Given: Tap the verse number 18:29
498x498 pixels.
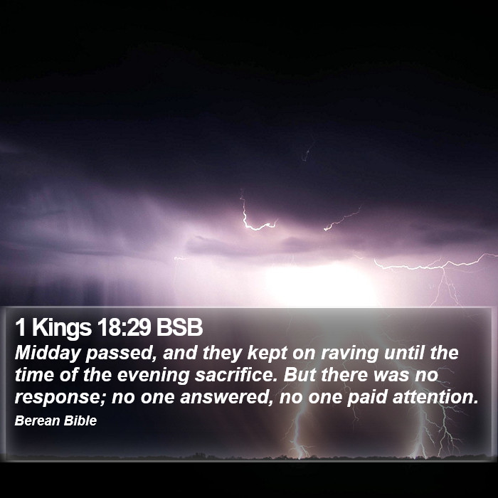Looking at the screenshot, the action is coord(124,327).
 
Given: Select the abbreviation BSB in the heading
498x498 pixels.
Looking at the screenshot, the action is coord(179,327).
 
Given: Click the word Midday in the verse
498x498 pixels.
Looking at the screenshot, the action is coord(48,354).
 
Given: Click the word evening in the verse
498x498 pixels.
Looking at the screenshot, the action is coord(154,376).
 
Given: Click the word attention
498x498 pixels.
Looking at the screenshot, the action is coord(435,397).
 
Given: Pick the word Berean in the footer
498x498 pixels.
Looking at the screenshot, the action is coord(37,420).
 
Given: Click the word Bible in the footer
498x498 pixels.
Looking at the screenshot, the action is coord(80,420).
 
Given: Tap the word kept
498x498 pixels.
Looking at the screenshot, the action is coord(267,354).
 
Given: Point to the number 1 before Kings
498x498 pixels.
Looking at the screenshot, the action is coord(21,327).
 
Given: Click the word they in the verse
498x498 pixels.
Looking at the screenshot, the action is coord(222,354).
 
